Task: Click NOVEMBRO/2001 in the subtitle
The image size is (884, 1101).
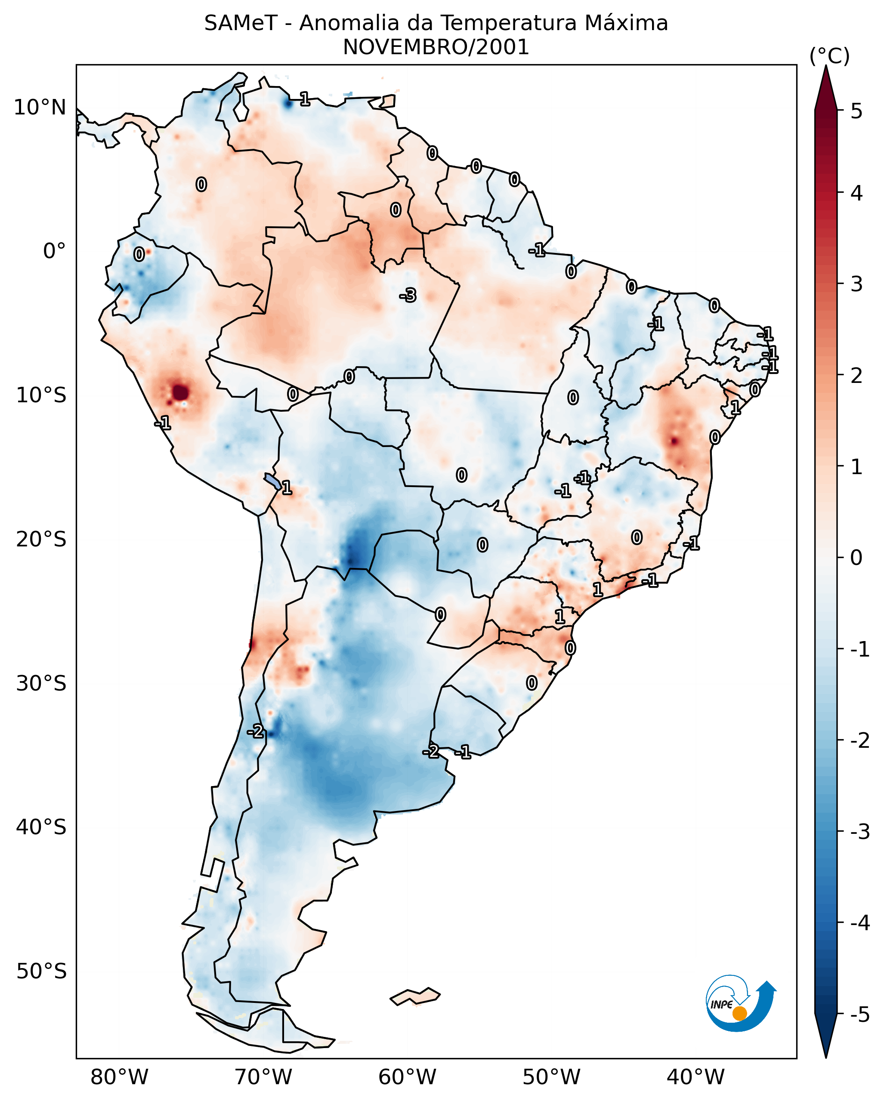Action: pyautogui.click(x=436, y=47)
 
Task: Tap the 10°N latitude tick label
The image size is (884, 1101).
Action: pyautogui.click(x=40, y=108)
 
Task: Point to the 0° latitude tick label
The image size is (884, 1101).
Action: pyautogui.click(x=54, y=251)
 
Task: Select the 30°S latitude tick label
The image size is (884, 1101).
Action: pyautogui.click(x=41, y=683)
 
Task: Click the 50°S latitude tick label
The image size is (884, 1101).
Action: pyautogui.click(x=41, y=971)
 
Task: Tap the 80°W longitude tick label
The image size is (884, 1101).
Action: pyautogui.click(x=119, y=1077)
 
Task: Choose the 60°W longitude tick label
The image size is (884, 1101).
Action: pyautogui.click(x=407, y=1077)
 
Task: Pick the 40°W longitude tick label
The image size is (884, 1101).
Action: pyautogui.click(x=695, y=1077)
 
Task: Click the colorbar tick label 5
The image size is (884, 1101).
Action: pyautogui.click(x=856, y=111)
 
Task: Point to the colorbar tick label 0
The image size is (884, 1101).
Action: pyautogui.click(x=856, y=558)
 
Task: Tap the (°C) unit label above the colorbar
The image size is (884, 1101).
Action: pyautogui.click(x=829, y=56)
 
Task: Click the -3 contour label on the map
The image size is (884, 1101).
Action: pyautogui.click(x=408, y=295)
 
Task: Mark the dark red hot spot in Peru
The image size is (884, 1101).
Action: pyautogui.click(x=180, y=393)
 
